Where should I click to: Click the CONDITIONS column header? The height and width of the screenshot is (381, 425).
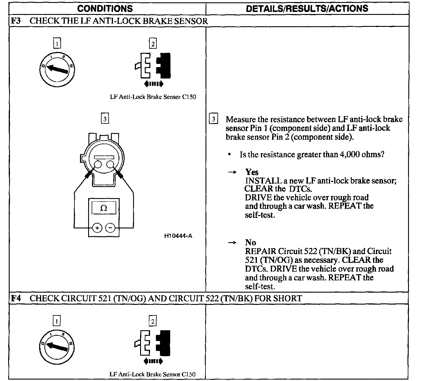[x=105, y=8]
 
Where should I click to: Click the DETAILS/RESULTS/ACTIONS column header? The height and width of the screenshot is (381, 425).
[x=307, y=8]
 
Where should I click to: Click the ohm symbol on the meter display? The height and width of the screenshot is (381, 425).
[x=103, y=208]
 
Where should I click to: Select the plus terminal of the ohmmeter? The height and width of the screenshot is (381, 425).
[x=97, y=228]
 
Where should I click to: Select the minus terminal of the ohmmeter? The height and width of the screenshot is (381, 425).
[x=110, y=228]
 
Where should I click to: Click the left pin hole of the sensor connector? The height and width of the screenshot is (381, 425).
[x=98, y=165]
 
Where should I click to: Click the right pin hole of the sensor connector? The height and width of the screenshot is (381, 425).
[x=110, y=165]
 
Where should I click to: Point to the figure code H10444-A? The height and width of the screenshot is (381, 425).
[x=178, y=236]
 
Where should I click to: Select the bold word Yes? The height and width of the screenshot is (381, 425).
[x=252, y=172]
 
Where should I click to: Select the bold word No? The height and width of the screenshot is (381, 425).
[x=250, y=243]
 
